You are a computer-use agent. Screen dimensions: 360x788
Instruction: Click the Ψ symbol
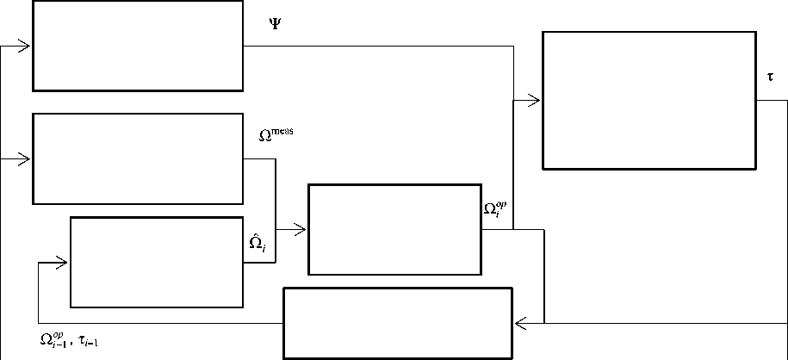(x=275, y=24)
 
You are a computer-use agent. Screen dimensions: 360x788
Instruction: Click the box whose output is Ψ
(x=138, y=45)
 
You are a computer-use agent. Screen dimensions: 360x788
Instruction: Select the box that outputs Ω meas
(x=138, y=158)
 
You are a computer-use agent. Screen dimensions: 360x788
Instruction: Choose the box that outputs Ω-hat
(x=158, y=262)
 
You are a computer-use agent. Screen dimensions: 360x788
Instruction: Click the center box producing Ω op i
(x=394, y=229)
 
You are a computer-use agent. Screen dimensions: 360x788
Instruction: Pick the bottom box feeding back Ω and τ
(x=398, y=323)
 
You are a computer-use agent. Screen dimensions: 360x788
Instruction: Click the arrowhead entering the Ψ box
(x=26, y=46)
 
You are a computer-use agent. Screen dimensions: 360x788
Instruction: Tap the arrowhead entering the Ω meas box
(x=26, y=159)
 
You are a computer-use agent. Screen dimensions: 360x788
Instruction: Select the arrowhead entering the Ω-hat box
(x=62, y=262)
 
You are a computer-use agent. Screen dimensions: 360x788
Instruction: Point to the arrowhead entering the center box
(x=301, y=229)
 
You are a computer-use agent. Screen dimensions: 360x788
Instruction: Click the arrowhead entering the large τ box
(x=535, y=101)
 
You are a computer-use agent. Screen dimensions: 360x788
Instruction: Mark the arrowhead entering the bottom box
(x=520, y=323)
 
